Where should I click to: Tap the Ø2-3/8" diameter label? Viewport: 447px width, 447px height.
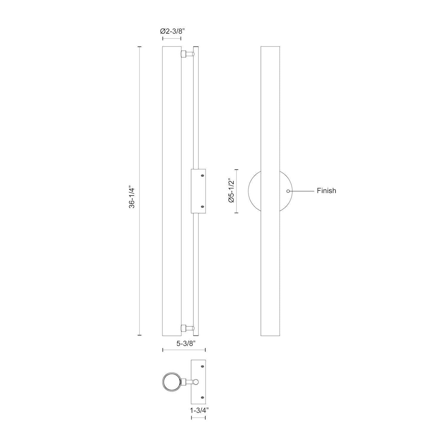point(172,31)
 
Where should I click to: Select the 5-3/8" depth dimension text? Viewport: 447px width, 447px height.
point(184,344)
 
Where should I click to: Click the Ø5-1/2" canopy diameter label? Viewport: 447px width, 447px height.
point(231,191)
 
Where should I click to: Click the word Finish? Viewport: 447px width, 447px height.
point(326,191)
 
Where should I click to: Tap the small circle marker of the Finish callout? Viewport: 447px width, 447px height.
point(288,191)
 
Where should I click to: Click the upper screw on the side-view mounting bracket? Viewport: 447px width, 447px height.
point(203,176)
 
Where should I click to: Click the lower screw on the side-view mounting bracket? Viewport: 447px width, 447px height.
point(203,207)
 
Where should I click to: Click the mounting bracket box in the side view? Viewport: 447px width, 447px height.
point(198,191)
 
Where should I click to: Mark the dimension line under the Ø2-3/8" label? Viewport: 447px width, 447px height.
point(172,39)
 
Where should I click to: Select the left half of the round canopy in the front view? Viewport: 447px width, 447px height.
point(254,191)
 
